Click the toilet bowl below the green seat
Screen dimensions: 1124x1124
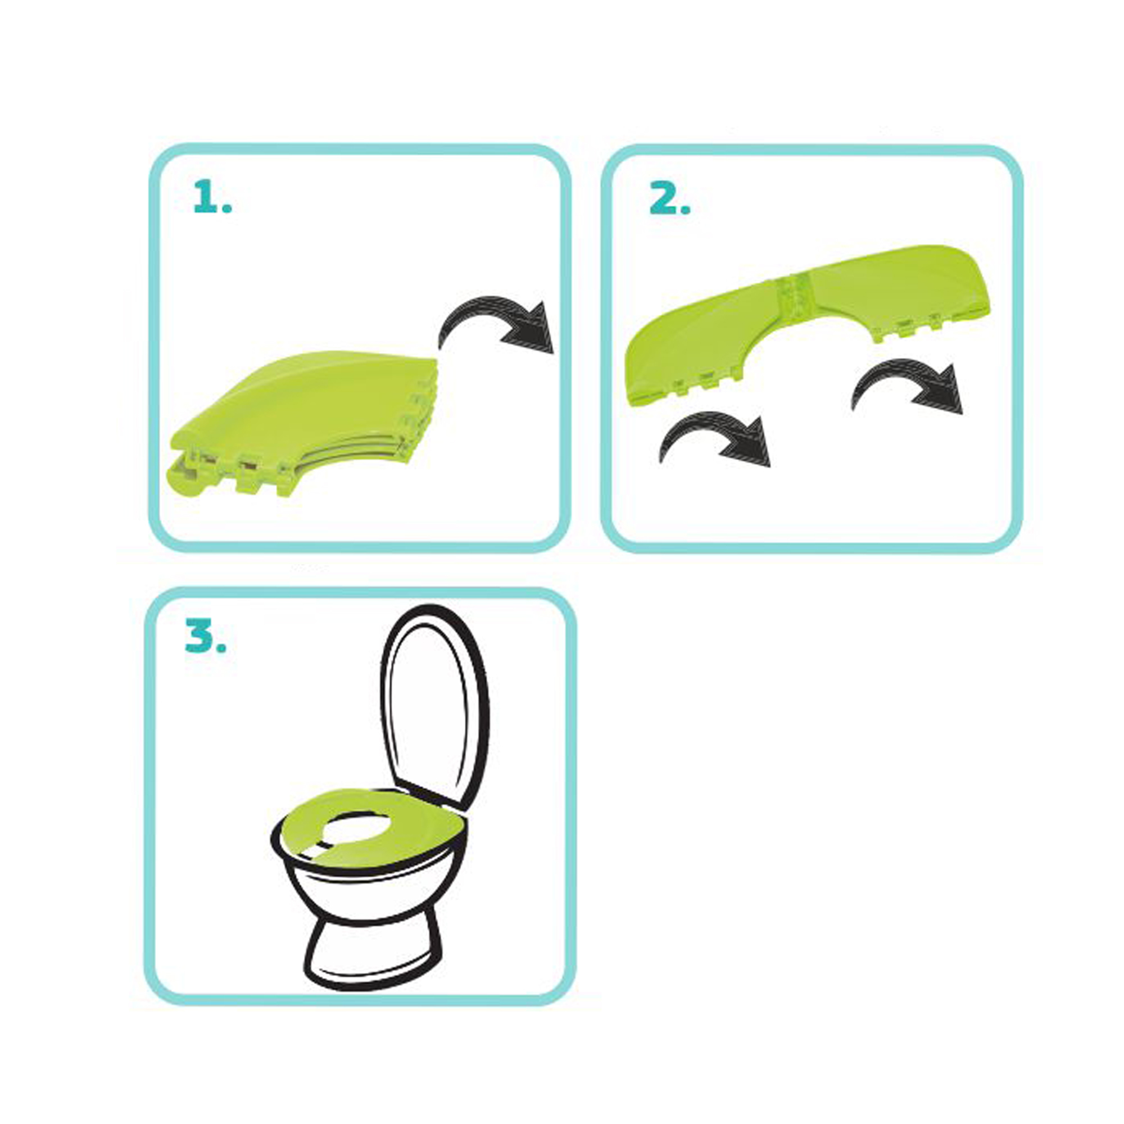pos(373,887)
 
